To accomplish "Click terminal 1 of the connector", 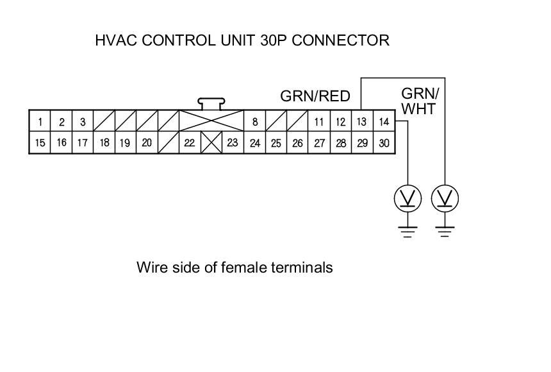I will point(40,122).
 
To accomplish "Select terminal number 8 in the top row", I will point(254,122).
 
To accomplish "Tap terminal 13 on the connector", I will point(362,122).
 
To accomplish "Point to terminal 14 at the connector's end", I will point(384,122).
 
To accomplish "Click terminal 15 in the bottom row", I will point(40,143).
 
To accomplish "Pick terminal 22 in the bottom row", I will point(189,143).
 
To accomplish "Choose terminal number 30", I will point(384,143).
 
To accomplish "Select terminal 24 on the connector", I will point(254,143).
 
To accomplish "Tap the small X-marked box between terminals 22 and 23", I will point(211,143).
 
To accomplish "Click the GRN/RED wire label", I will point(315,96).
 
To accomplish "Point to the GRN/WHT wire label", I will point(420,101).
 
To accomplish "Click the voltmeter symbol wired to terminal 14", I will point(408,199).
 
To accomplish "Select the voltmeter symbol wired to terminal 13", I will point(445,199).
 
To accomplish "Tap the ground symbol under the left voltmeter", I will point(408,232).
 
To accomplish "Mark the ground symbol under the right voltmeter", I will point(445,232).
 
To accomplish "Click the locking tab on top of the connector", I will point(211,103).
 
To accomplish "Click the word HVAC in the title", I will point(115,40).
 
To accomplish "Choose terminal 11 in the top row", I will point(318,122).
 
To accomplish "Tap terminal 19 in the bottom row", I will point(125,143).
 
